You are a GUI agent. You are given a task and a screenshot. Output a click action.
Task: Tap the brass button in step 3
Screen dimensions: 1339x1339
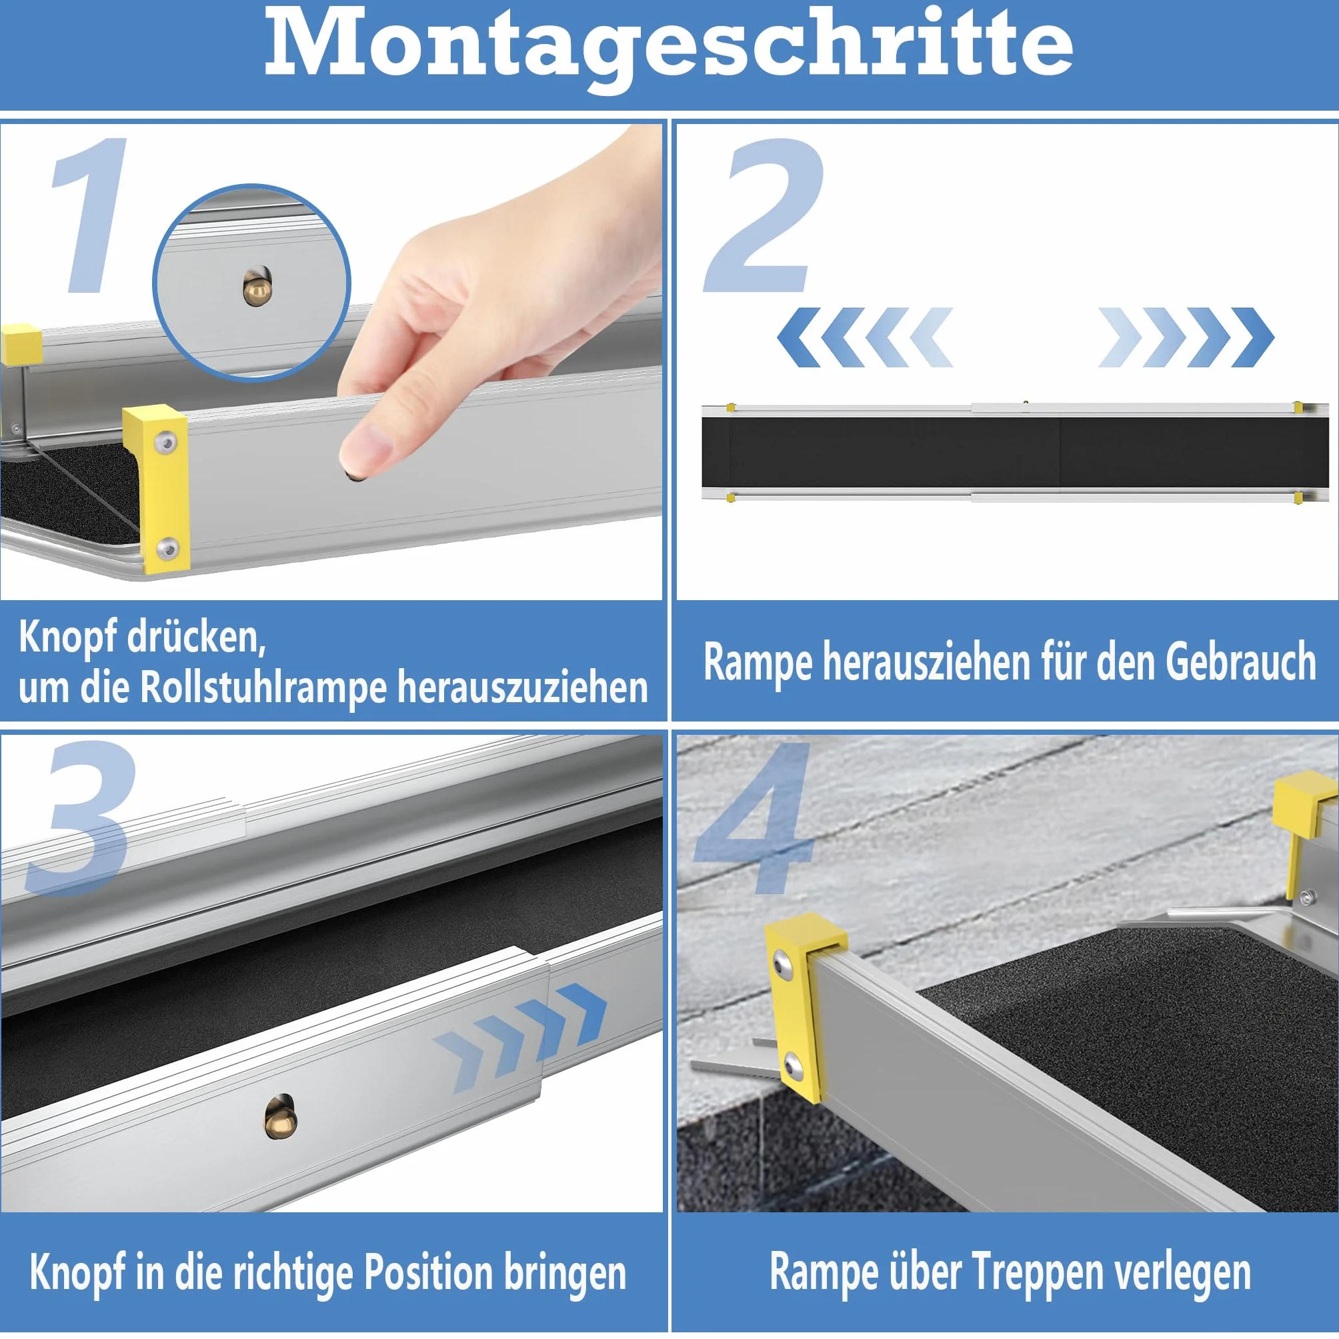(x=281, y=1115)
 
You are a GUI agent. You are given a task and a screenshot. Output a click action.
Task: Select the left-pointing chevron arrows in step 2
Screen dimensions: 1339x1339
(x=865, y=337)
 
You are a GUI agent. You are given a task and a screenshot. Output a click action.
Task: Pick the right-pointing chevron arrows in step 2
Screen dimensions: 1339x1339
(x=1186, y=337)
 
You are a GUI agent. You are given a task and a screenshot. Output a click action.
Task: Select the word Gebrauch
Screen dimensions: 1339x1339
(x=1240, y=662)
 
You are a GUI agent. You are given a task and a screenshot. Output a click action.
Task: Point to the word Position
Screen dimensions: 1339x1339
(x=427, y=1273)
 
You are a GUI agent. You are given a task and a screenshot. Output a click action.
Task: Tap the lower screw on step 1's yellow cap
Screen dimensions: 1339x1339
(x=167, y=549)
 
